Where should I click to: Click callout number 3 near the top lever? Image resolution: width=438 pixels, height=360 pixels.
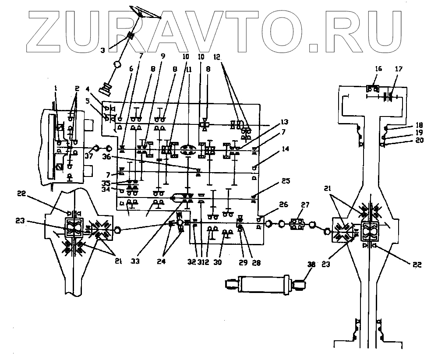coord(102,51)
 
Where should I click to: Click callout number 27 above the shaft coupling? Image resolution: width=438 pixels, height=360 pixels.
coord(304,205)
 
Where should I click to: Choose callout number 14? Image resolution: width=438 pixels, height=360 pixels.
coord(286,149)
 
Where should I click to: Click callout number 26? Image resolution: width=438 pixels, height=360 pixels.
coord(283,204)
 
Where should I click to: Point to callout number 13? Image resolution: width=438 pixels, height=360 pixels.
coord(285,121)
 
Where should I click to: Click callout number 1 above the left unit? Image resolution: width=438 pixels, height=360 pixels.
coord(56,88)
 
